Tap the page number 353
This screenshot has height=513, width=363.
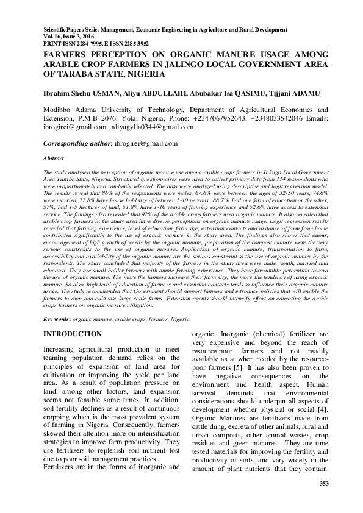click(324, 484)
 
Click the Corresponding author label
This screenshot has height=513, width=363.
click(77, 144)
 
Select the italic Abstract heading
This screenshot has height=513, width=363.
click(52, 157)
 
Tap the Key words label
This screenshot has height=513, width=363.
click(56, 319)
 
